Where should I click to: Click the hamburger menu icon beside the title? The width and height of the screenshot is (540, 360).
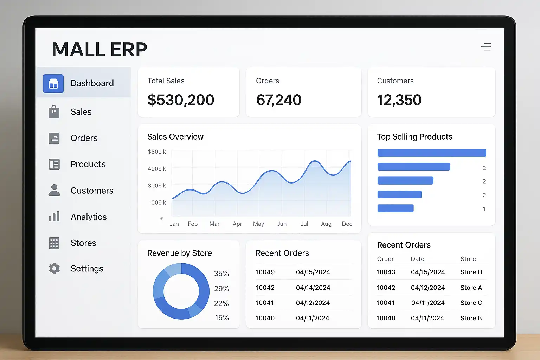click(x=486, y=47)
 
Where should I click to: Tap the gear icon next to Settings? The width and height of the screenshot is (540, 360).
click(x=54, y=269)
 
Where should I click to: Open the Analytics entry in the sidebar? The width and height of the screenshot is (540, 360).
click(x=88, y=217)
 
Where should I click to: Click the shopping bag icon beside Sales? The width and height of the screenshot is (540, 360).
click(x=54, y=112)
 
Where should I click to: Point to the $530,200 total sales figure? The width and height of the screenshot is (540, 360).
click(x=181, y=100)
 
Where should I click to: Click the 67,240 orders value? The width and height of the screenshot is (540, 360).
click(x=279, y=100)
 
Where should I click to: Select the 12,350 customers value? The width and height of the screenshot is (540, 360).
click(x=399, y=100)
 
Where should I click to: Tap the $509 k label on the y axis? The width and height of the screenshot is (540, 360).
click(x=157, y=152)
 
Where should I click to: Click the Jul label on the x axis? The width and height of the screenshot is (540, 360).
click(x=304, y=224)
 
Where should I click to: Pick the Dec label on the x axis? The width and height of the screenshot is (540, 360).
click(x=347, y=224)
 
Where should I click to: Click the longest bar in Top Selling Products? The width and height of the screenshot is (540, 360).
click(x=432, y=153)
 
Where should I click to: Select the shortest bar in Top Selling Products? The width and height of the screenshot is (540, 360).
click(x=396, y=208)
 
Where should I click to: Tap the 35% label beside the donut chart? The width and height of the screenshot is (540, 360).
click(x=221, y=274)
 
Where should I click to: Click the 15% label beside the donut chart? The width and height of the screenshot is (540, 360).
click(x=222, y=318)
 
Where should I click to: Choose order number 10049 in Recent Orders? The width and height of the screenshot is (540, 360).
click(x=265, y=272)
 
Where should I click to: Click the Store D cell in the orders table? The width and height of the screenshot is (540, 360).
click(x=471, y=272)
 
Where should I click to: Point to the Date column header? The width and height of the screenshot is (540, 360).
click(x=417, y=259)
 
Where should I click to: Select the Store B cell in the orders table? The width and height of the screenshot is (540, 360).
click(x=471, y=318)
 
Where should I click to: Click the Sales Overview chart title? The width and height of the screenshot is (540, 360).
click(x=175, y=137)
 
